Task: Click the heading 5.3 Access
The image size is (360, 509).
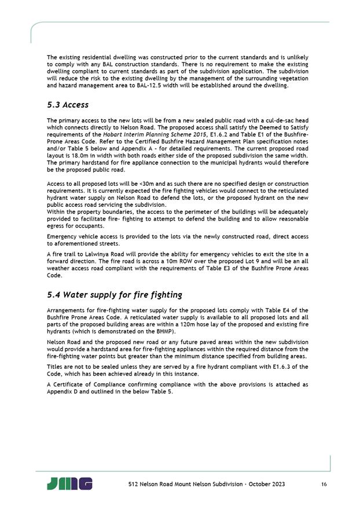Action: pos(68,105)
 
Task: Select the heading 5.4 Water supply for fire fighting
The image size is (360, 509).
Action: pos(115,295)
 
